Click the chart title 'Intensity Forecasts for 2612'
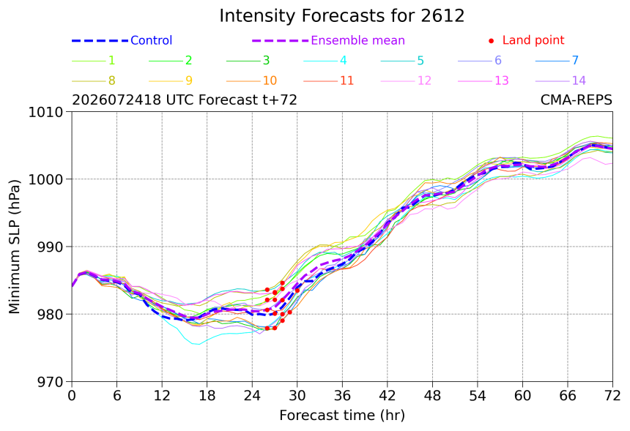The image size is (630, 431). click(x=342, y=16)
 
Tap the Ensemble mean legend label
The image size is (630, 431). click(x=357, y=40)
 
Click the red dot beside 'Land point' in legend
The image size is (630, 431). click(x=491, y=41)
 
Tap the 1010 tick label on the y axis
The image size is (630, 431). click(x=46, y=113)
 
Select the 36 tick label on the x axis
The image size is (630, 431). click(x=342, y=396)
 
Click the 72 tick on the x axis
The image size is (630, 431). click(x=612, y=396)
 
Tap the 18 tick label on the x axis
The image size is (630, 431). click(x=207, y=396)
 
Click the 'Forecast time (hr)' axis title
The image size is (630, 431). click(x=342, y=416)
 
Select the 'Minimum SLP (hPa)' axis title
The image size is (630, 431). click(x=15, y=247)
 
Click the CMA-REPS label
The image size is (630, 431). click(x=577, y=100)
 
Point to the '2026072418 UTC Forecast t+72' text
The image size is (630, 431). click(x=185, y=100)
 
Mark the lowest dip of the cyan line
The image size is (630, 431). click(x=198, y=344)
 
